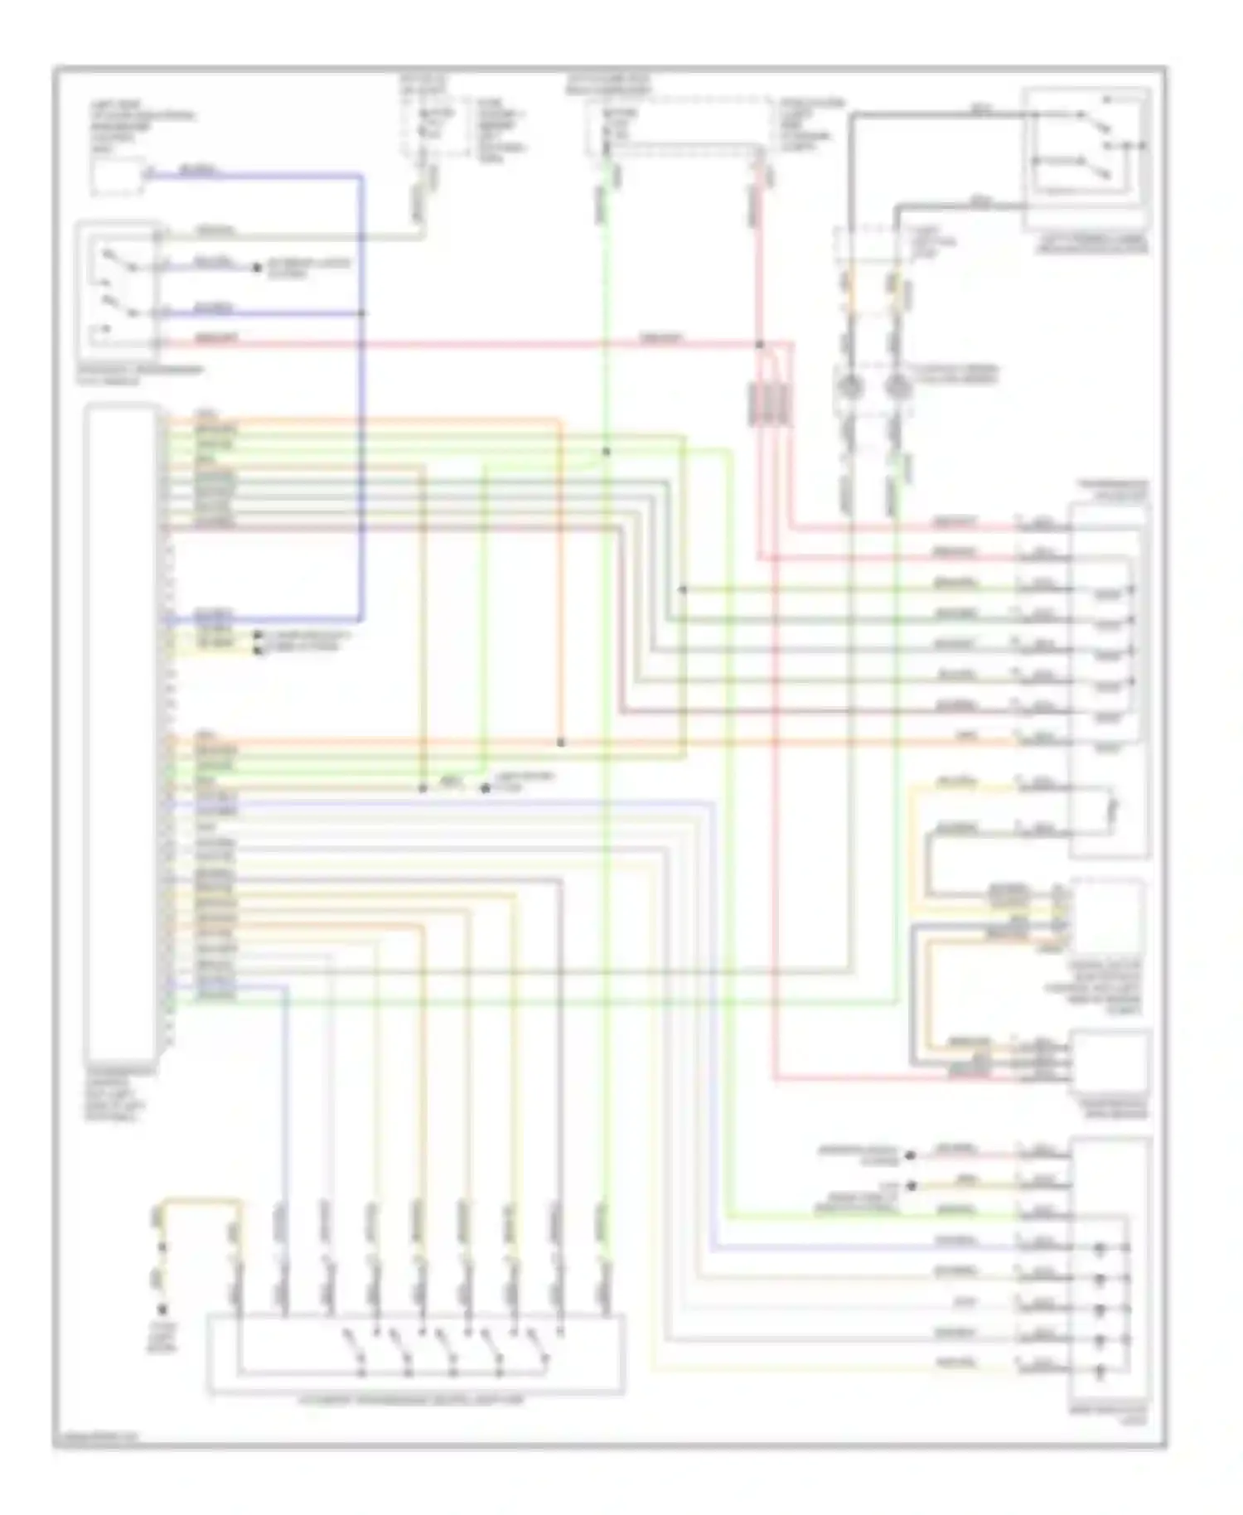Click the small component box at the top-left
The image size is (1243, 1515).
pyautogui.click(x=117, y=177)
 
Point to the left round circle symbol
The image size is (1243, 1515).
pyautogui.click(x=849, y=386)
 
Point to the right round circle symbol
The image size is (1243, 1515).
pyautogui.click(x=895, y=386)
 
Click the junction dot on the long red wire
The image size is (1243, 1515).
pyautogui.click(x=760, y=344)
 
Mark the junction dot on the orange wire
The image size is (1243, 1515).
pyautogui.click(x=561, y=743)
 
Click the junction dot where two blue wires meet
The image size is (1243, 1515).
pyautogui.click(x=362, y=313)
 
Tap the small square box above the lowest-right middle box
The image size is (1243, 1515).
pyautogui.click(x=1109, y=916)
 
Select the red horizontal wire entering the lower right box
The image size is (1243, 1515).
pyautogui.click(x=912, y=1081)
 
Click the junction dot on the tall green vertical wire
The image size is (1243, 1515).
pyautogui.click(x=606, y=452)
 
